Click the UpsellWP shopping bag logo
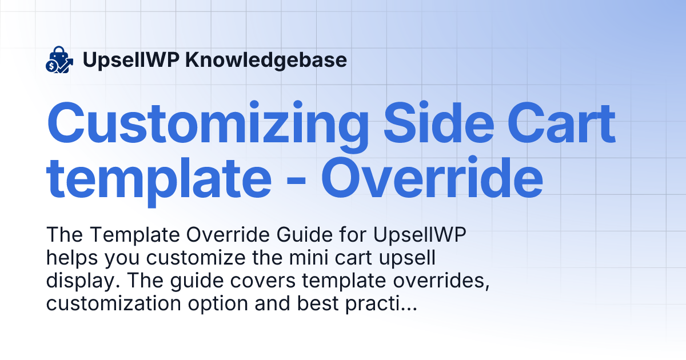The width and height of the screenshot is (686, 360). [x=59, y=60]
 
